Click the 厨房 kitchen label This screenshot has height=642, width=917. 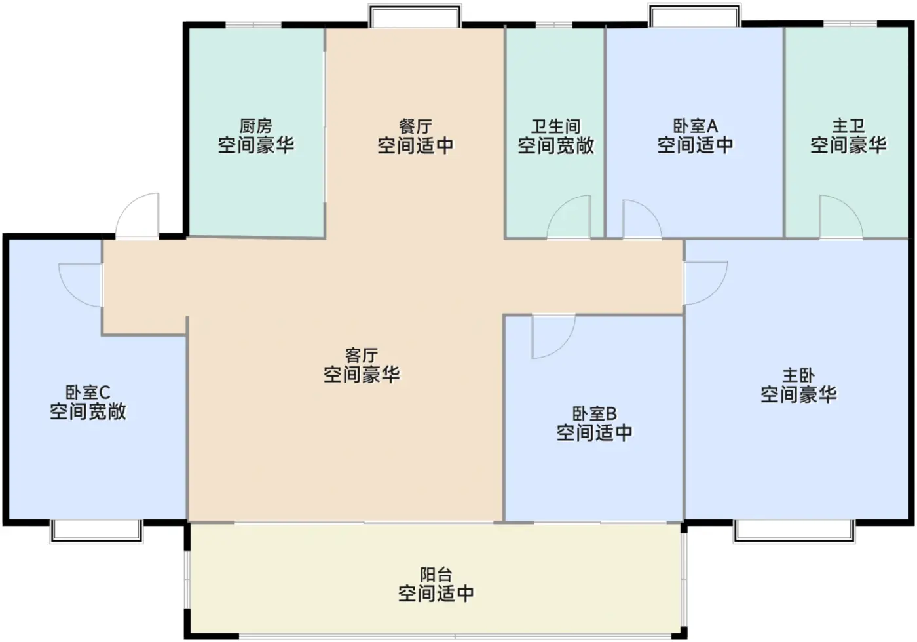click(256, 126)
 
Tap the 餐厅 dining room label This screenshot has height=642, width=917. click(415, 126)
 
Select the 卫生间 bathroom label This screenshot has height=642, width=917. click(555, 126)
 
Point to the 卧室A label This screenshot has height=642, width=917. click(695, 126)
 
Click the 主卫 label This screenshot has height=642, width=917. click(848, 126)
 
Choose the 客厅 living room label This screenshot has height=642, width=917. click(362, 356)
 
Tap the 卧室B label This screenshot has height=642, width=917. click(594, 414)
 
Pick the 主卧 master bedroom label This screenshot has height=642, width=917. click(798, 375)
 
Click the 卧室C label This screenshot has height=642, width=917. click(88, 392)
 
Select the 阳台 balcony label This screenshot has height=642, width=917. click(436, 575)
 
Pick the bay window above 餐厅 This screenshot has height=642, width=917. click(415, 16)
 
